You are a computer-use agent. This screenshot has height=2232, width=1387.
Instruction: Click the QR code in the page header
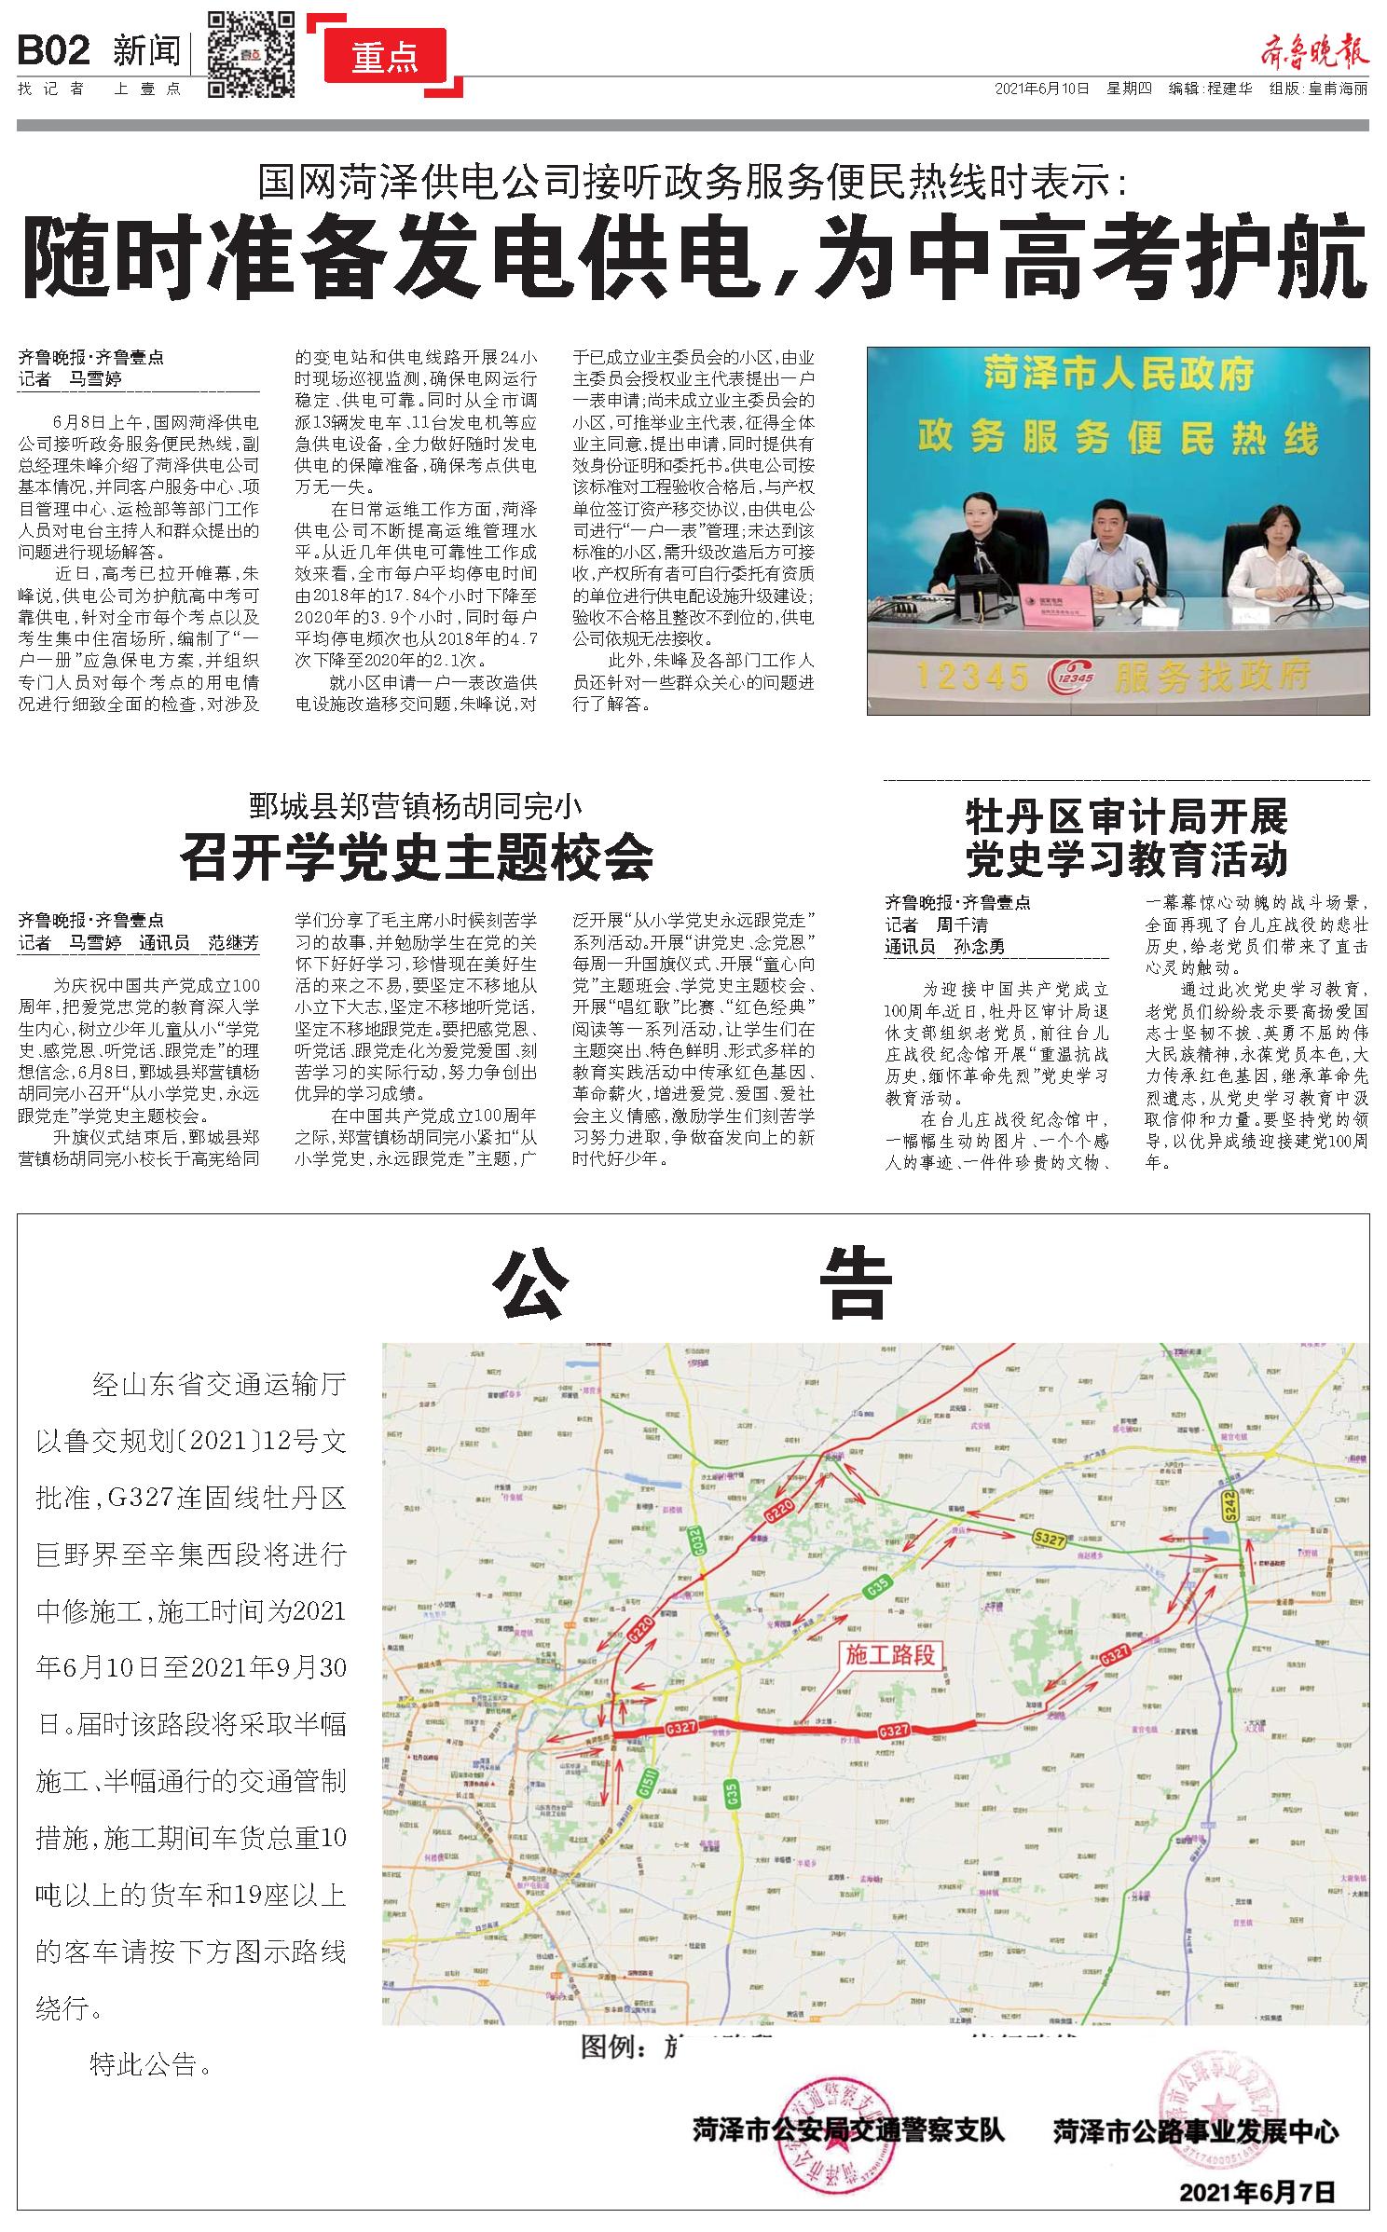[251, 54]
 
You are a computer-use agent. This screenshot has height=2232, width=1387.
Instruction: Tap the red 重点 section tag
[385, 58]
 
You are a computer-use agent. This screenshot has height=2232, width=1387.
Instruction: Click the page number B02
[54, 51]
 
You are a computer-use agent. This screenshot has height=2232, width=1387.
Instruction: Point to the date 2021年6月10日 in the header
[1042, 89]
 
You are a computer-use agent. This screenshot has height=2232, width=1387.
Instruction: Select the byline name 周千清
[962, 925]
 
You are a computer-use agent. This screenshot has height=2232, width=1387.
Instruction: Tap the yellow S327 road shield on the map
[1049, 1537]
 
